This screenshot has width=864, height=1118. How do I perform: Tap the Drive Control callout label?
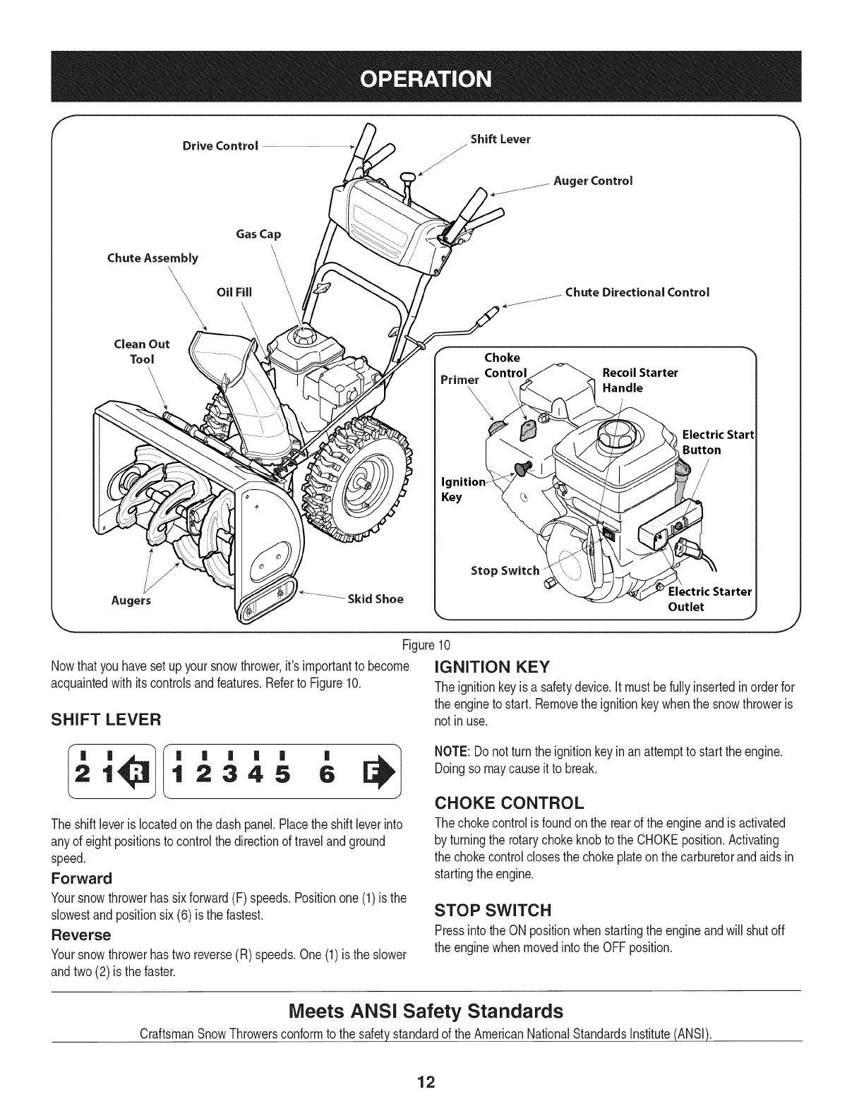coord(220,146)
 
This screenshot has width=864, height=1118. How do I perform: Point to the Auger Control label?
coord(593,181)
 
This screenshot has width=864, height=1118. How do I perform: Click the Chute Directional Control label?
coord(637,292)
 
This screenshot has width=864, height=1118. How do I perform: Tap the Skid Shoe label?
coord(374,599)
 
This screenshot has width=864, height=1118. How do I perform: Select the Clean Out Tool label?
coord(142,351)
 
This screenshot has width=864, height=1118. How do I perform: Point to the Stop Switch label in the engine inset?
coord(505,570)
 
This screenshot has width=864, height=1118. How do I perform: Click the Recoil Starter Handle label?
coord(640,380)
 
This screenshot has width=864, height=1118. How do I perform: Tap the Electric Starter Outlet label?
coord(709,599)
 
